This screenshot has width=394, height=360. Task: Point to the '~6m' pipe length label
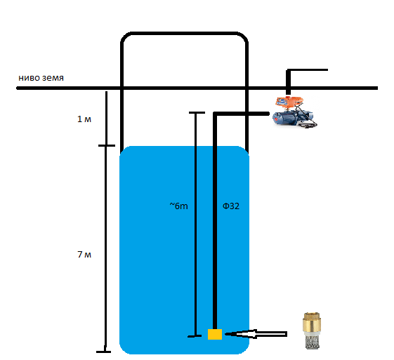click(178, 206)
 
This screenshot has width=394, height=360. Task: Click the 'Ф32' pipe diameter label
click(231, 206)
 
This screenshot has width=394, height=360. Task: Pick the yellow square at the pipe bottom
click(215, 334)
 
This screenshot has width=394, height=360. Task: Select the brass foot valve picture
click(309, 332)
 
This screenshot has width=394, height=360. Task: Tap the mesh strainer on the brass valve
click(309, 342)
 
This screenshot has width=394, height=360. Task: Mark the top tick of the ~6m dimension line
click(197, 112)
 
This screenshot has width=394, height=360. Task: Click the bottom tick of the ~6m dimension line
click(197, 337)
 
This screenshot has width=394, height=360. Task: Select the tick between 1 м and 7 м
click(106, 146)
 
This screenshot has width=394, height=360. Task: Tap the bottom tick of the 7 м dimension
click(104, 351)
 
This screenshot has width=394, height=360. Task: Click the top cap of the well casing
click(184, 33)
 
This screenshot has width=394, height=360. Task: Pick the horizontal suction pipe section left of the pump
click(246, 113)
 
